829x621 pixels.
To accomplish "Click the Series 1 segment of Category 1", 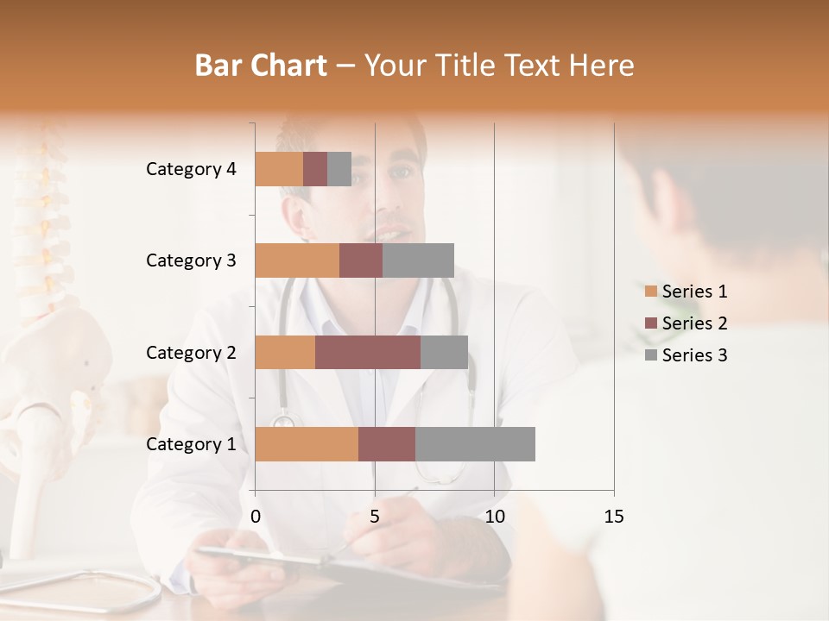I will pos(307,444).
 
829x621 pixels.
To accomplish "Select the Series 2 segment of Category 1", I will pos(387,444).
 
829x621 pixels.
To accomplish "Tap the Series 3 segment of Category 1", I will pos(475,444).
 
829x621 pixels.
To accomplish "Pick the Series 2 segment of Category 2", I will pos(368,352).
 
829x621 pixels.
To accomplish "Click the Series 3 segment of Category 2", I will pos(444,352).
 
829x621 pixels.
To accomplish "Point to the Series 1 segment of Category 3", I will pos(297,260).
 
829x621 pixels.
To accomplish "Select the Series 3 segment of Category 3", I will pos(418,260).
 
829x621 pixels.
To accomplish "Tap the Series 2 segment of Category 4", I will pos(315,169).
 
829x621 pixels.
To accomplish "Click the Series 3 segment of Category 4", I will pos(339,169).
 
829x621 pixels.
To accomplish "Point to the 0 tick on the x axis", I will pos(256,517).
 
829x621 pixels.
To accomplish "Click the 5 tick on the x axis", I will pos(375,517).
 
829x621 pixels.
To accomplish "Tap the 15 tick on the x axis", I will pos(613,517).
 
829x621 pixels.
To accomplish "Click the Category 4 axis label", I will pos(191,169).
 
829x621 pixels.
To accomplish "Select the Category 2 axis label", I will pos(191,352).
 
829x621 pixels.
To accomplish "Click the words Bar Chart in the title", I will pos(261,65).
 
